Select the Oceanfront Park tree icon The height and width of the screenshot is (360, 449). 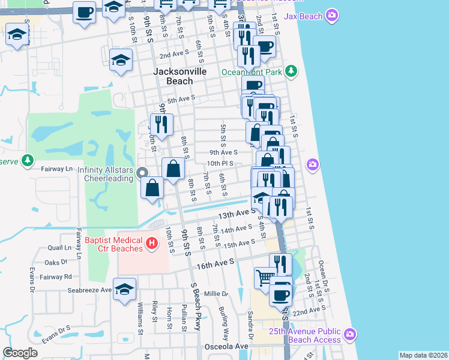coord(291,72)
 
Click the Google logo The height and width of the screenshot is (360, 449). coord(20,353)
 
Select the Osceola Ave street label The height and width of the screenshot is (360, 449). coord(229,347)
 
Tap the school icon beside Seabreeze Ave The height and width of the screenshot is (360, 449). coord(124,290)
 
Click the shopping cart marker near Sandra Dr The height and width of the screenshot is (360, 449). coord(265,278)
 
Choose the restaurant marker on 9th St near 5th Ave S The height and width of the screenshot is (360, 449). coord(161,124)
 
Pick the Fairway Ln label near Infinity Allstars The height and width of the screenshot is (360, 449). coord(56,169)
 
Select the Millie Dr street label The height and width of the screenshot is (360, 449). coord(216,294)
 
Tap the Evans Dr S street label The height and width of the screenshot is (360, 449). coord(56,334)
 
